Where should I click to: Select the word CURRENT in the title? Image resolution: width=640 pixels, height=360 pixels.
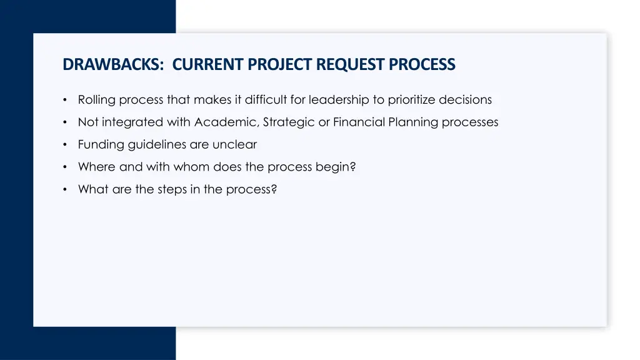[208, 64]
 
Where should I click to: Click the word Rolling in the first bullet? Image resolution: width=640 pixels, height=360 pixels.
[96, 100]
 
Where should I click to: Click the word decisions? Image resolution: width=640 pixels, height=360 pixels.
[466, 100]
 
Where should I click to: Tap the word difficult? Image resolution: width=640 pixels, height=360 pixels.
[266, 100]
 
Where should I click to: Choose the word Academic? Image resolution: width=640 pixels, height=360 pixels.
[227, 122]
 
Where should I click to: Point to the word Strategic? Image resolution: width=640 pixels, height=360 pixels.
[289, 122]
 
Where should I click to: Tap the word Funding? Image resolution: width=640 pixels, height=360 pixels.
[101, 145]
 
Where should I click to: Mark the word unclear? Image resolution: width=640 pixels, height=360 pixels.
[234, 145]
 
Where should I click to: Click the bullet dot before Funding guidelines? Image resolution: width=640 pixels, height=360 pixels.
[66, 145]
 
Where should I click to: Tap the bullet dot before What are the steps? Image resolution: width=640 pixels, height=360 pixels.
[66, 190]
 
